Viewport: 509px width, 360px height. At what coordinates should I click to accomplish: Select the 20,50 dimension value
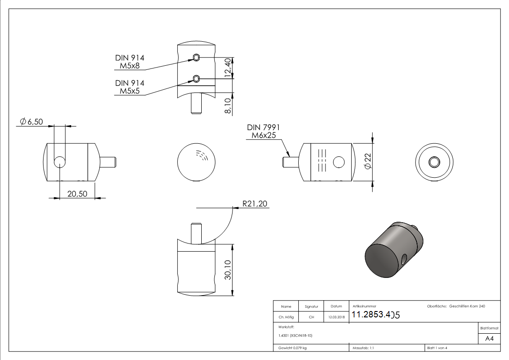point(77,194)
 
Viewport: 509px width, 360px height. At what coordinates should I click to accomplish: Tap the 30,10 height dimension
point(228,270)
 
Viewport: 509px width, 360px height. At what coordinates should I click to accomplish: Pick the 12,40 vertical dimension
point(228,68)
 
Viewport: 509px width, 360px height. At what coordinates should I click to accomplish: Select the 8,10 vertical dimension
point(228,103)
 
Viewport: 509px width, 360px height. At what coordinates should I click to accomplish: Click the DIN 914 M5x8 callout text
point(130,62)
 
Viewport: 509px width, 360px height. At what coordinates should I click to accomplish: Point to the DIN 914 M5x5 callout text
point(130,87)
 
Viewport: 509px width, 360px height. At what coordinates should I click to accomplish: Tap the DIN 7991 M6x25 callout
point(263,131)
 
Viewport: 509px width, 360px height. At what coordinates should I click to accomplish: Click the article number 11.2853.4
point(375,315)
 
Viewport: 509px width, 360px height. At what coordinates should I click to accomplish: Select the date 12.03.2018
point(336,317)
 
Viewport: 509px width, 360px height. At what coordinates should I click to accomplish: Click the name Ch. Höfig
point(286,317)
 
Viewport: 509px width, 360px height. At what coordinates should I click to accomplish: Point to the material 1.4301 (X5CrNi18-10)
point(295,336)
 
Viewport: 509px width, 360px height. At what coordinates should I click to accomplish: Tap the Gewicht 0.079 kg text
point(292,348)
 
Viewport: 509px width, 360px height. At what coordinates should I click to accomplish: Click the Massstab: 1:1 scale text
point(363,348)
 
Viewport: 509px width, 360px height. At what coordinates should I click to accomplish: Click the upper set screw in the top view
point(196,57)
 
